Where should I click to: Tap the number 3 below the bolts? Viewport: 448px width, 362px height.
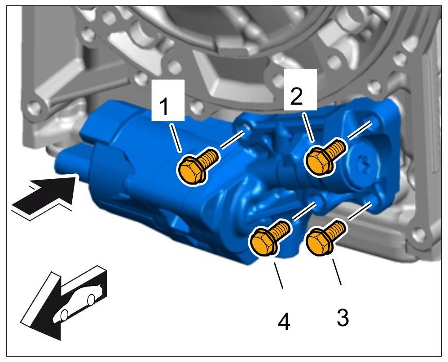click(x=342, y=318)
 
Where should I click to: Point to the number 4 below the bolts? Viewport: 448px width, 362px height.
click(x=284, y=322)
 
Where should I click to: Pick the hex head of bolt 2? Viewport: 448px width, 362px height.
click(x=319, y=159)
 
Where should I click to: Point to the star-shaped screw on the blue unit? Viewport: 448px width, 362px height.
click(x=363, y=166)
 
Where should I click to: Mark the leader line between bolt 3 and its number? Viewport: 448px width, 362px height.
click(x=336, y=272)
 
